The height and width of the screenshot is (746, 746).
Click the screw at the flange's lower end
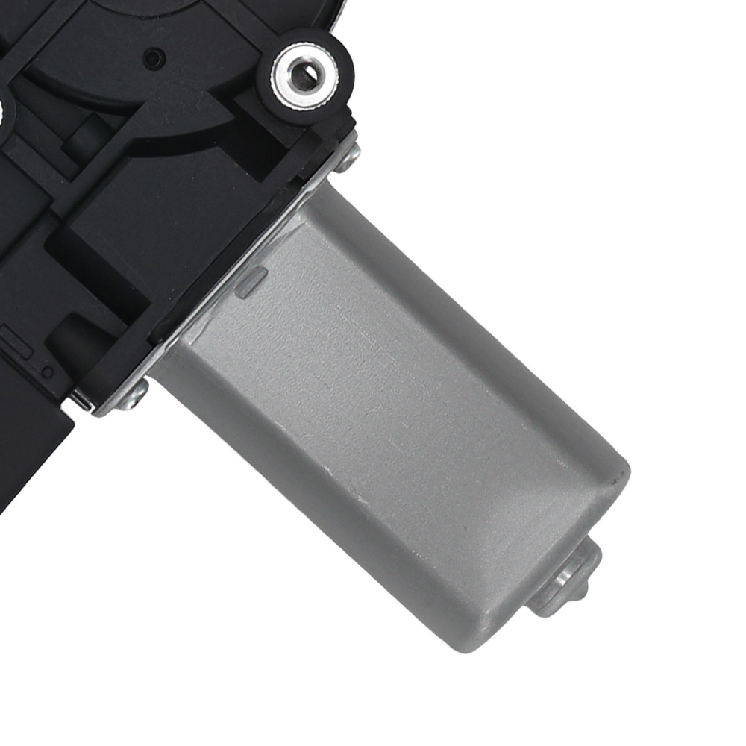[x=134, y=396]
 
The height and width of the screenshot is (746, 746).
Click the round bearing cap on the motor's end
[x=567, y=579]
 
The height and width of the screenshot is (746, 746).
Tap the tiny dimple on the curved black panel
[x=154, y=57]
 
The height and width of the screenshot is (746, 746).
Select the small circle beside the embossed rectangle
[x=48, y=371]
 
